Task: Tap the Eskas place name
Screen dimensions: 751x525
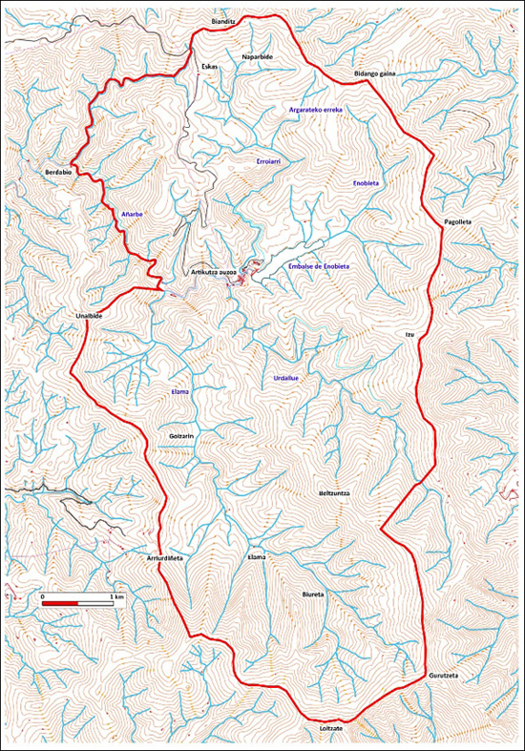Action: [210, 67]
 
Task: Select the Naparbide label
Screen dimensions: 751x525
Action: [258, 57]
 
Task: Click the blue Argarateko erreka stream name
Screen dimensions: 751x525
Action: [315, 111]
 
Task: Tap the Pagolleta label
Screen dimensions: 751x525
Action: [458, 221]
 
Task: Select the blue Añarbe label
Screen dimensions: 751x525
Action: [132, 214]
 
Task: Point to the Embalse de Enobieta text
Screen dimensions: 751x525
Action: [318, 265]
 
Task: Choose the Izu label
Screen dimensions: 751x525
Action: [409, 335]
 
